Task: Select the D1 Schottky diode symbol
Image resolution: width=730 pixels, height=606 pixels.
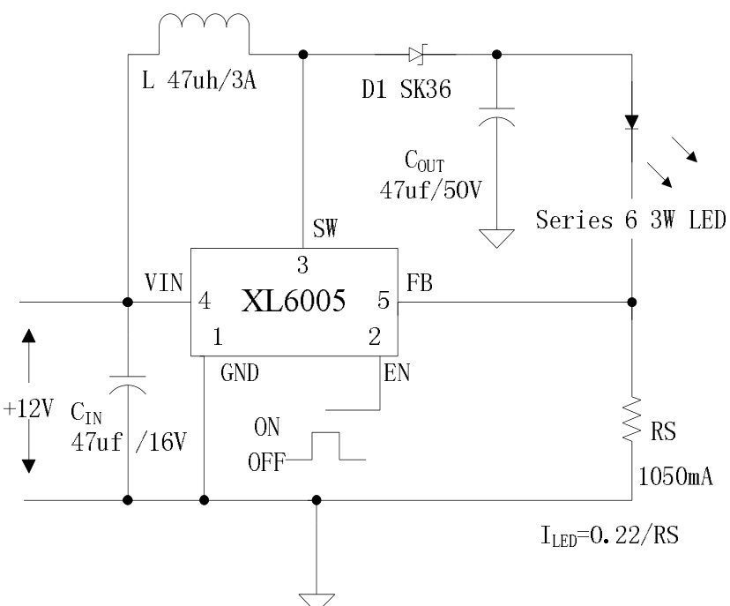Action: (x=417, y=55)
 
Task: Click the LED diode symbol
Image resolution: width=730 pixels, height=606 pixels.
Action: (x=632, y=122)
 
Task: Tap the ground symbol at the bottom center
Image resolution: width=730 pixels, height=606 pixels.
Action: (x=317, y=597)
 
